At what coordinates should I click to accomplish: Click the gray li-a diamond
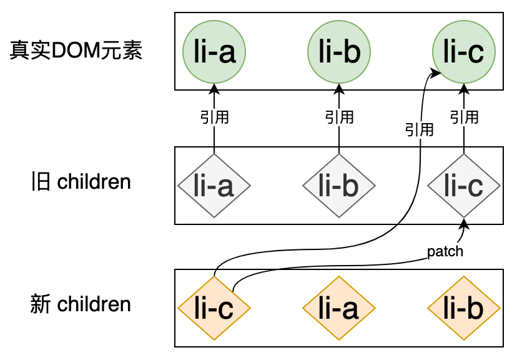(x=214, y=186)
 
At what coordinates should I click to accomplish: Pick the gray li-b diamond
(x=339, y=186)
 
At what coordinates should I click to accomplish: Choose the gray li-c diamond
(x=464, y=186)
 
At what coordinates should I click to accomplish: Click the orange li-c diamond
(x=214, y=308)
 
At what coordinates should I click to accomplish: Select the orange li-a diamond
(x=339, y=308)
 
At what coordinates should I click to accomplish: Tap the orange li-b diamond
(x=464, y=308)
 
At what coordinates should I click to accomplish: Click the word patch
(x=445, y=252)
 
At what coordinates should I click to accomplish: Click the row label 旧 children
(x=81, y=182)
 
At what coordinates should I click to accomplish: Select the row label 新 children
(x=81, y=305)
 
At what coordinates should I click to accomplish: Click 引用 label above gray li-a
(x=214, y=117)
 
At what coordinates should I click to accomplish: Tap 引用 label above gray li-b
(x=339, y=117)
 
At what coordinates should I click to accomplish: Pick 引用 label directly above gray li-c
(x=464, y=117)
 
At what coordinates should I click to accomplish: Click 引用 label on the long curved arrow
(x=419, y=130)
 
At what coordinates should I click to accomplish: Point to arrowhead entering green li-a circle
(x=214, y=87)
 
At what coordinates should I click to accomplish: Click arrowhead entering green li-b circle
(x=339, y=87)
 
